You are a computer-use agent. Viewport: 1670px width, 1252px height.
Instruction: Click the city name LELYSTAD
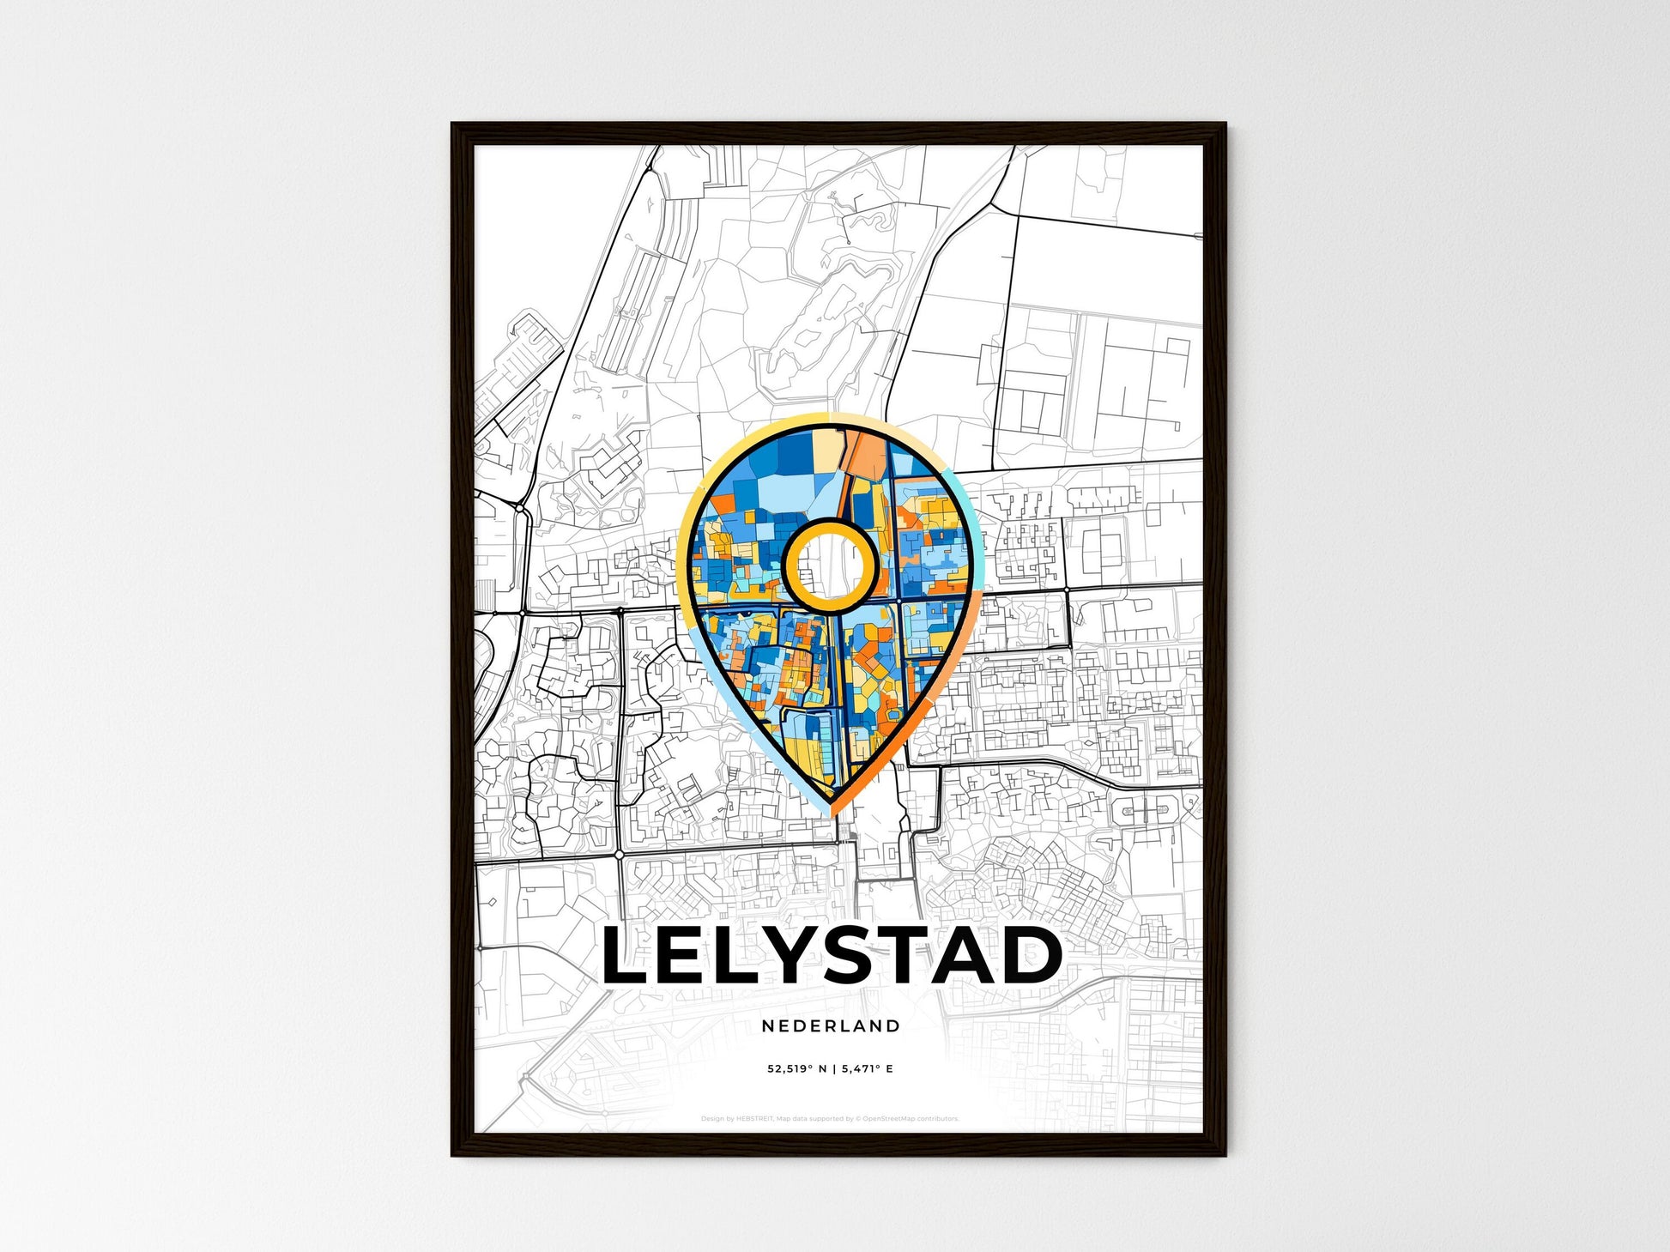832,955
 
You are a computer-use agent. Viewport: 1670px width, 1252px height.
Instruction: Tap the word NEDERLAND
831,1025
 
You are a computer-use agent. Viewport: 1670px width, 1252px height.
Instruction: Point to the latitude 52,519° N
797,1069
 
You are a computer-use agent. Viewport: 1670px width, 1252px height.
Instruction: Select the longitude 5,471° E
868,1069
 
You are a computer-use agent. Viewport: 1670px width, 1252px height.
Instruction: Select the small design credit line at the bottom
830,1118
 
